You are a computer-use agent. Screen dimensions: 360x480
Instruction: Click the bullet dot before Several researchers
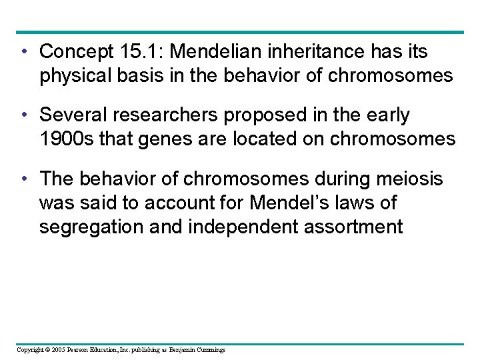point(24,115)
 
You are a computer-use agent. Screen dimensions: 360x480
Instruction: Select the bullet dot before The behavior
point(24,179)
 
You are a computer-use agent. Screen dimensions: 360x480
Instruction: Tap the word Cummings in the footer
point(210,350)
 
